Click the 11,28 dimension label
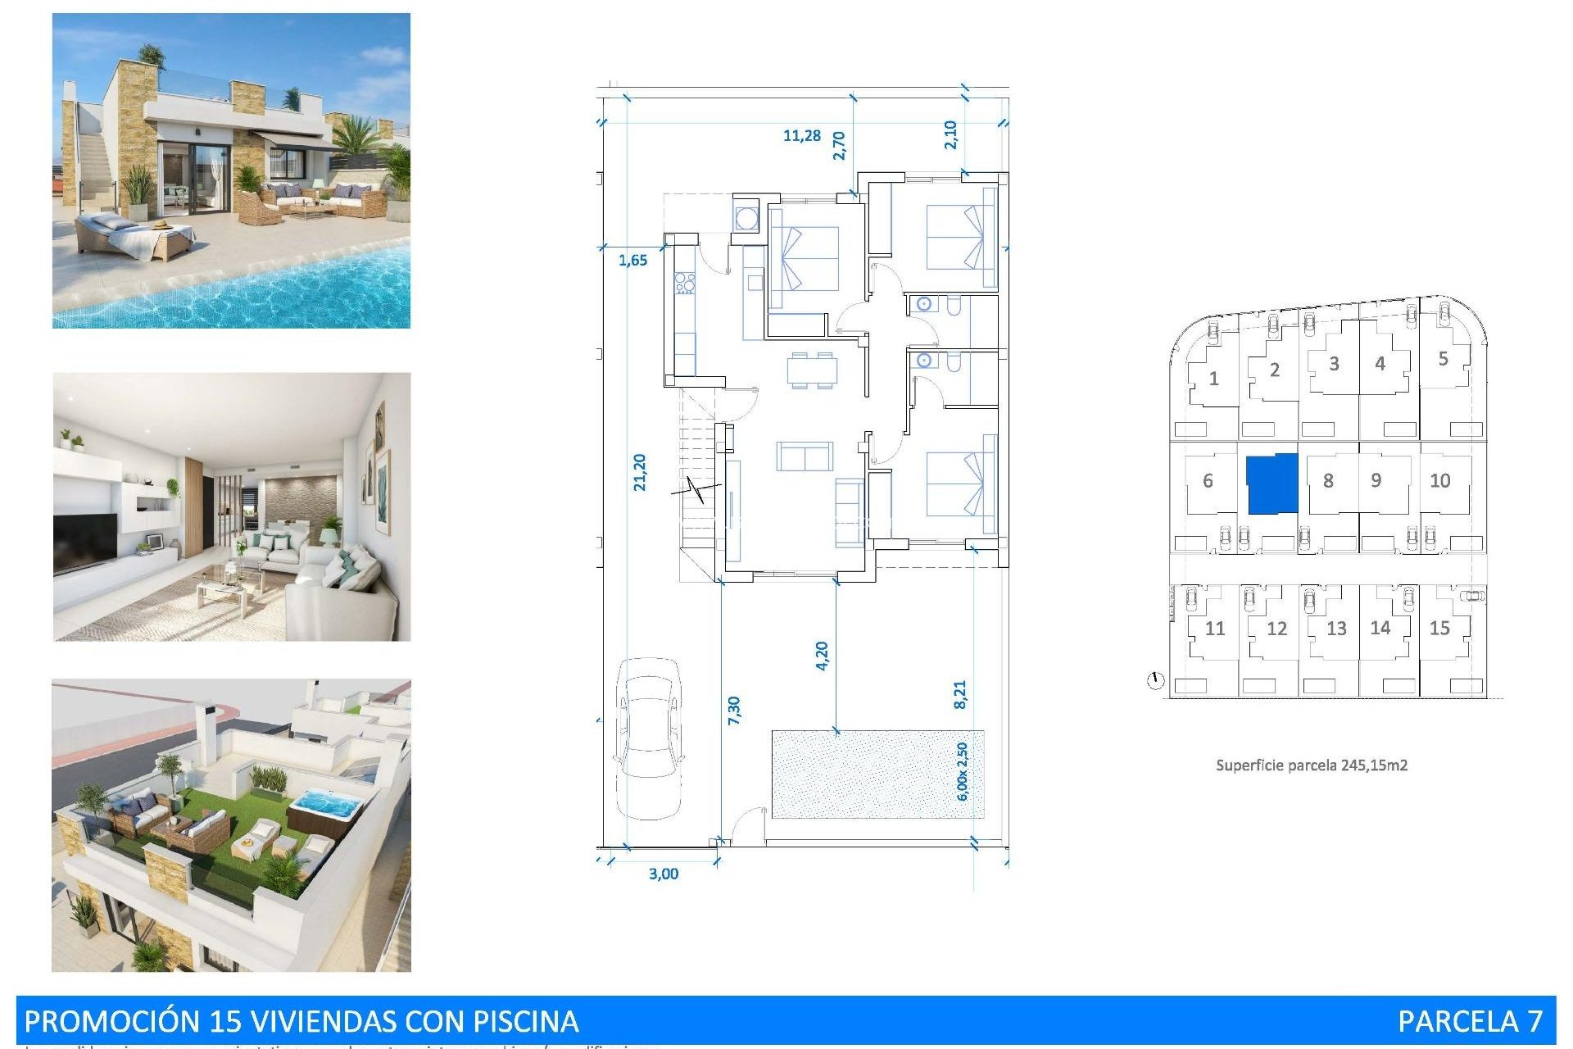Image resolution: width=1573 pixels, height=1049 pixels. point(801,135)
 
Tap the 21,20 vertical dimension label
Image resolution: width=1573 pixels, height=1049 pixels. point(640,473)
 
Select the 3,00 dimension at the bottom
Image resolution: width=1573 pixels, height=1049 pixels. point(664,874)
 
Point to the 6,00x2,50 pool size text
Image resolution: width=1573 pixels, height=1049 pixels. point(962,772)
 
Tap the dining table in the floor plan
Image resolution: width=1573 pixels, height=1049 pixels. point(812,370)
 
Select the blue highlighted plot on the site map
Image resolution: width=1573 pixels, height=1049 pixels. point(1272,484)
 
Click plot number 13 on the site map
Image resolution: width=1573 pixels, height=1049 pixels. point(1336,629)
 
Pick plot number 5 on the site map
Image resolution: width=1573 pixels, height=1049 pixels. point(1444,359)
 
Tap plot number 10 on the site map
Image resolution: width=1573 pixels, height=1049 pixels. point(1440,481)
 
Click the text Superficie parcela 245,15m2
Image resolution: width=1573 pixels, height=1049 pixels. point(1311,765)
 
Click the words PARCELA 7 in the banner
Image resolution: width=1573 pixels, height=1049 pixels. point(1470,1021)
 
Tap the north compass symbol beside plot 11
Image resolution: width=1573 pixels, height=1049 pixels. point(1155,680)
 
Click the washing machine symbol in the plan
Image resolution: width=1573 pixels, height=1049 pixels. point(746,218)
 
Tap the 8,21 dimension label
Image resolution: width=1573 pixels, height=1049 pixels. point(960,694)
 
